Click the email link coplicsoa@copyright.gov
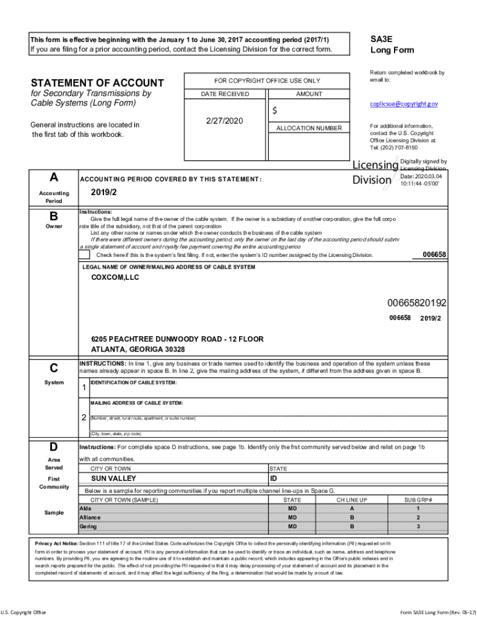[404, 104]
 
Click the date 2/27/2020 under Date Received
[224, 120]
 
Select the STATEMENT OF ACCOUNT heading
[97, 83]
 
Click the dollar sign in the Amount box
[274, 111]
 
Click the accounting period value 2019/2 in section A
[103, 192]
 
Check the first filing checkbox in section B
[85, 254]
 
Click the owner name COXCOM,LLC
[115, 278]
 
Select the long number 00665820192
[416, 303]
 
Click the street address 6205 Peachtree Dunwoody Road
[177, 339]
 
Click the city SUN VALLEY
[113, 479]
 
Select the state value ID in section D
[274, 479]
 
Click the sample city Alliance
[90, 517]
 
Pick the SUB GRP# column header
[418, 500]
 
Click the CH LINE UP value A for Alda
[352, 508]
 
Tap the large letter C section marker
[54, 368]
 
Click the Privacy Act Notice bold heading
[56, 543]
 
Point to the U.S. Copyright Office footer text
[23, 613]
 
